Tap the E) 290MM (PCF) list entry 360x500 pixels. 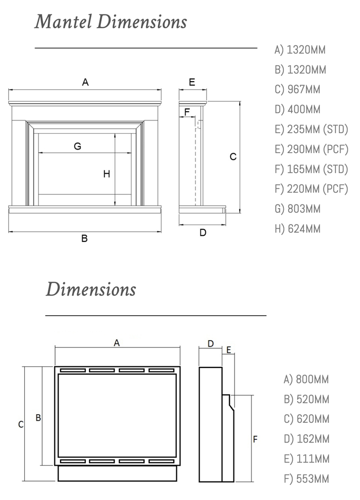click(x=311, y=149)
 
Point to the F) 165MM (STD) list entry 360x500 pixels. click(x=311, y=169)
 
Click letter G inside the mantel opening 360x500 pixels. click(x=77, y=146)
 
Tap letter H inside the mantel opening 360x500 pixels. click(x=106, y=174)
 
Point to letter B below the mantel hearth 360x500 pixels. click(x=84, y=238)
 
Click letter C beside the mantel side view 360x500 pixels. click(x=233, y=157)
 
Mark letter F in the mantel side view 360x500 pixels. click(x=187, y=112)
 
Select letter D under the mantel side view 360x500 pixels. click(x=203, y=233)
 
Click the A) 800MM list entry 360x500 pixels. click(x=306, y=379)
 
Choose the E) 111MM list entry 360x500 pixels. click(x=306, y=459)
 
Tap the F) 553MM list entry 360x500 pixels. click(x=306, y=479)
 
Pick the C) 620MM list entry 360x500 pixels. click(x=306, y=419)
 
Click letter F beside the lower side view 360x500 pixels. click(x=255, y=439)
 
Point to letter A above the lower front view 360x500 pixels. click(x=117, y=342)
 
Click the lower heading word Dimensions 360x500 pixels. click(x=91, y=289)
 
